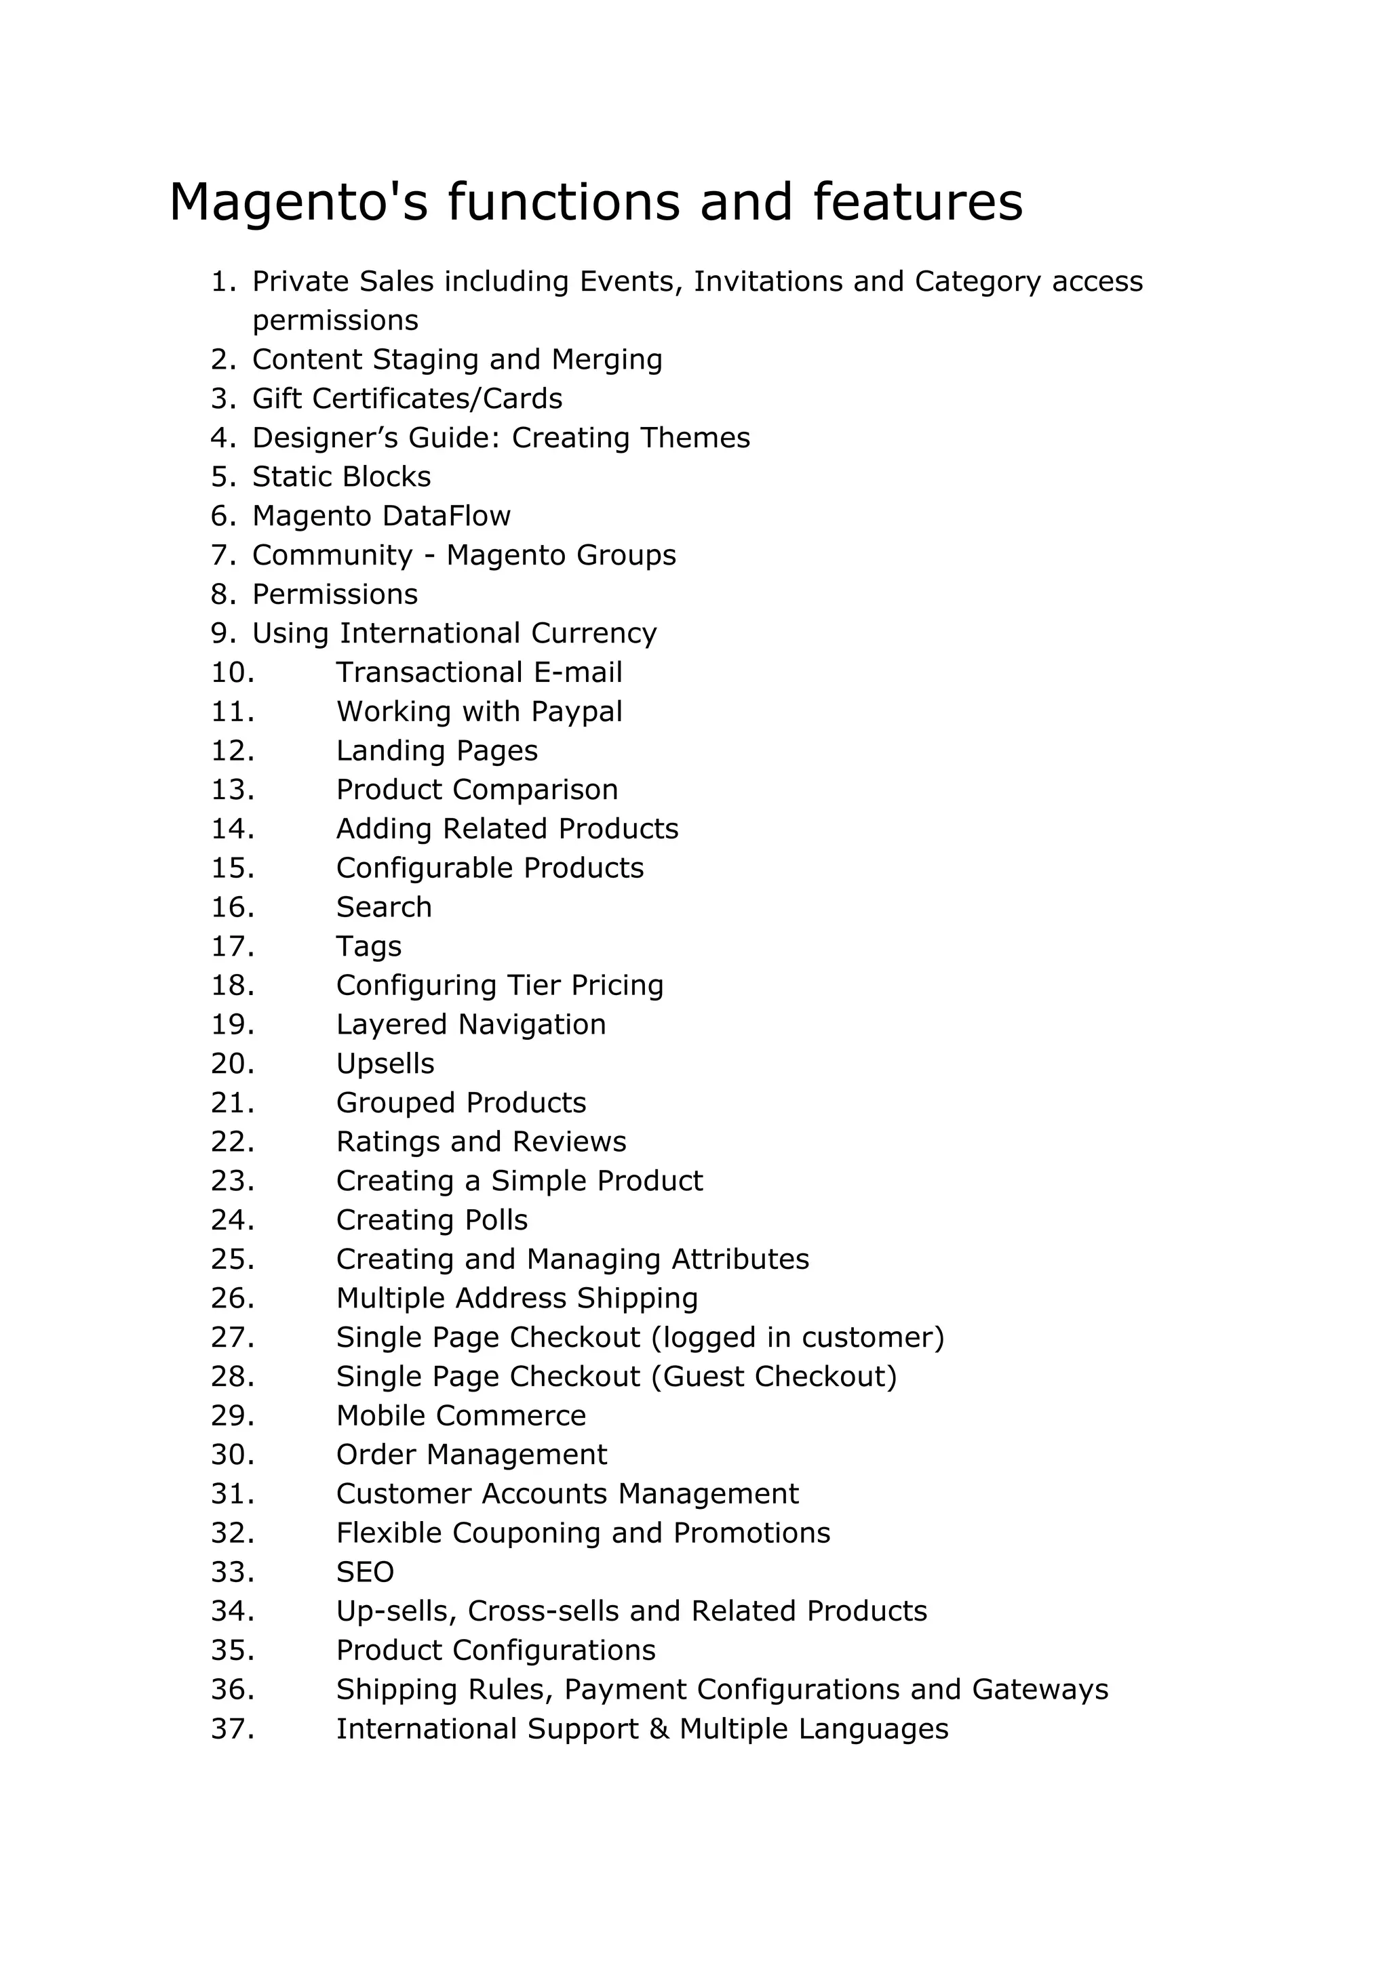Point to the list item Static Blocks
341,477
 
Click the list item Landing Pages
436,752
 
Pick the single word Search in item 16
384,908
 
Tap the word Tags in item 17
369,948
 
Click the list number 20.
233,1064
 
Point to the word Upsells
385,1064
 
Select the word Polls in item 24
496,1221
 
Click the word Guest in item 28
703,1377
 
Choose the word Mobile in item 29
380,1417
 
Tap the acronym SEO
365,1573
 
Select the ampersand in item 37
659,1730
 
